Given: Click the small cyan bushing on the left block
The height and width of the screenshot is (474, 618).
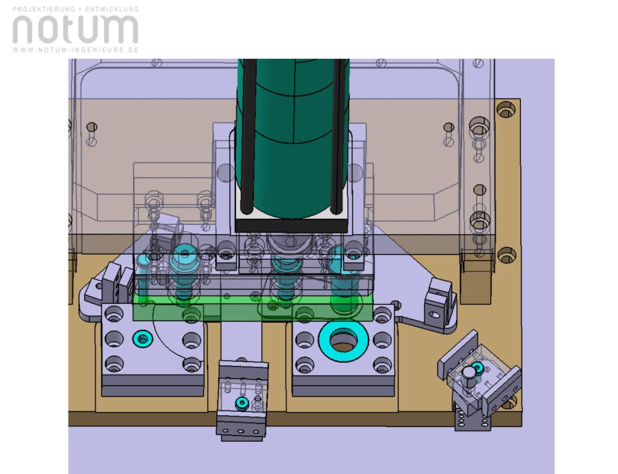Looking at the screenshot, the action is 142,339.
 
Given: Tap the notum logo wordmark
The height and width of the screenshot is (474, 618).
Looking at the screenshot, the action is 75,29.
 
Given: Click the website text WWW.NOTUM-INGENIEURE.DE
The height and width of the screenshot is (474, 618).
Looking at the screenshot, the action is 75,50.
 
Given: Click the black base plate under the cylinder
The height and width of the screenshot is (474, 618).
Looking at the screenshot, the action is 291,226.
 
